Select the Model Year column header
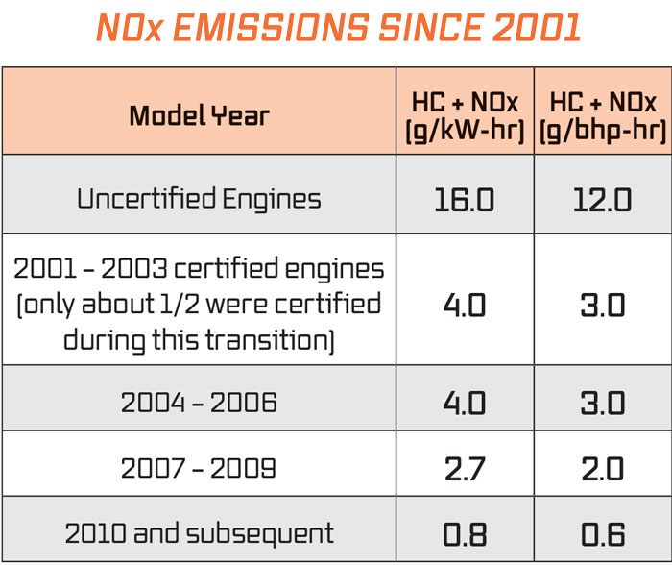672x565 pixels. click(199, 116)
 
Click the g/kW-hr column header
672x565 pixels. click(467, 116)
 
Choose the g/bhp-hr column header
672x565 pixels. click(604, 116)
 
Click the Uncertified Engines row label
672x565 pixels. click(199, 199)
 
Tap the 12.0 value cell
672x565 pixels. click(604, 200)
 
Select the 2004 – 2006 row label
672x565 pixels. click(199, 402)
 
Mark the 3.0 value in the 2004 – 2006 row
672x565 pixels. click(604, 402)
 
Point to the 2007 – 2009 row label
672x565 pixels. click(199, 468)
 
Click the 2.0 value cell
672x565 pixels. click(604, 468)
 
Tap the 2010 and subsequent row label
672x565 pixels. click(199, 533)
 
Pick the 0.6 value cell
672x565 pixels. click(604, 533)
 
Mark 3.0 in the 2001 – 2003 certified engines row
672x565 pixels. click(604, 305)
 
